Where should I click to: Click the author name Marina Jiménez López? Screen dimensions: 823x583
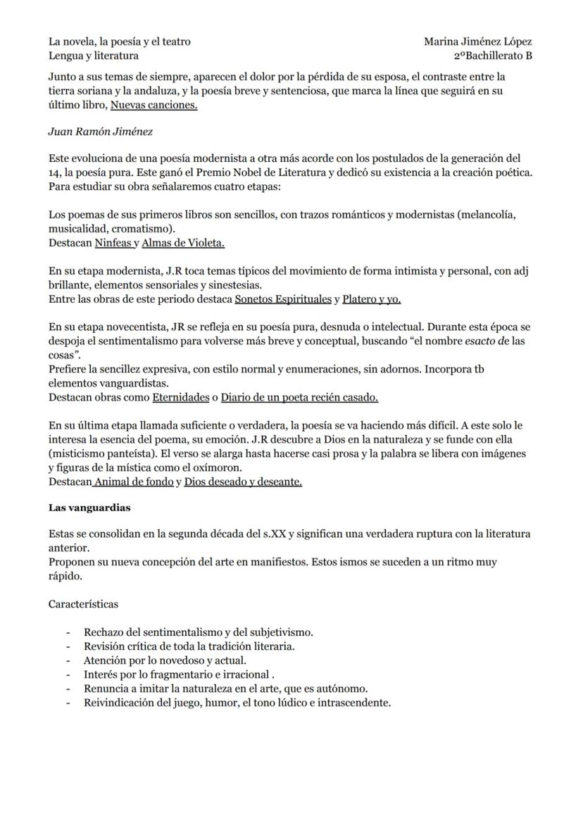coord(477,42)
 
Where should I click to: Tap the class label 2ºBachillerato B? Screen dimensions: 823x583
coord(492,56)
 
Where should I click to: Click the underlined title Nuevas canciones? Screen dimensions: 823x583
coord(153,105)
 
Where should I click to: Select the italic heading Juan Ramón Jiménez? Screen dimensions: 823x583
coord(100,131)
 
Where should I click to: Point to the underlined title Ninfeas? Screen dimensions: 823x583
coord(113,243)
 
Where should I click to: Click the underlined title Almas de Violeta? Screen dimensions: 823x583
coord(183,243)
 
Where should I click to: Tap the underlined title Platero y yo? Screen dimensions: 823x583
coord(371,299)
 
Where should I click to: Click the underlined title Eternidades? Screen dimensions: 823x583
coord(180,397)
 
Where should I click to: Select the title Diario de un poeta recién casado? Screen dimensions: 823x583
coord(299,397)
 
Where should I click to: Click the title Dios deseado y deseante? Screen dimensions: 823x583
coord(243,482)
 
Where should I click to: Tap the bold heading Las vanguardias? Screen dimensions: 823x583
coord(89,508)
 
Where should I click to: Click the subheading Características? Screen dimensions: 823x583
coord(83,604)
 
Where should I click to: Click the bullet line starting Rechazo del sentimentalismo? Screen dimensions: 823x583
coord(198,632)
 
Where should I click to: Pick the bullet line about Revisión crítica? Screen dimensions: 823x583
coord(189,646)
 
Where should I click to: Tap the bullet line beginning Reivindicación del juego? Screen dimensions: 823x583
coord(237,703)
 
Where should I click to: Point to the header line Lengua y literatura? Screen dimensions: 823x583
coord(94,56)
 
